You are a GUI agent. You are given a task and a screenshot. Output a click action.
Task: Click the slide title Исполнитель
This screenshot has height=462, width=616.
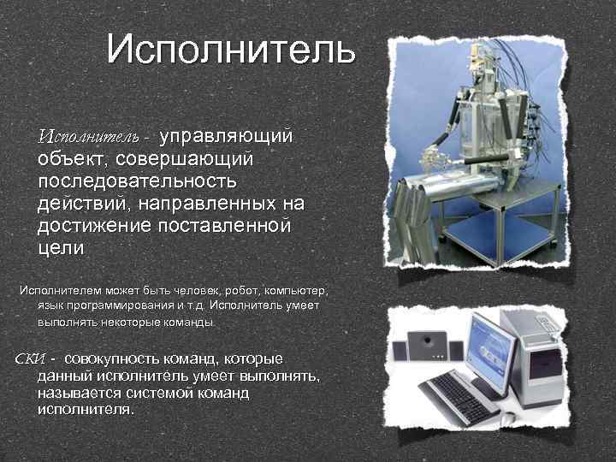click(230, 50)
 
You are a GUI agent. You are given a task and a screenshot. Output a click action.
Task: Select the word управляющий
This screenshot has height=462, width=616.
click(232, 137)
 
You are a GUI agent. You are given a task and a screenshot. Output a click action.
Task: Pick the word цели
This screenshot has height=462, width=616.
click(61, 248)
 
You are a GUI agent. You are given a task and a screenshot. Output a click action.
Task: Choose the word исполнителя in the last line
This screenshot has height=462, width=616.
click(86, 409)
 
